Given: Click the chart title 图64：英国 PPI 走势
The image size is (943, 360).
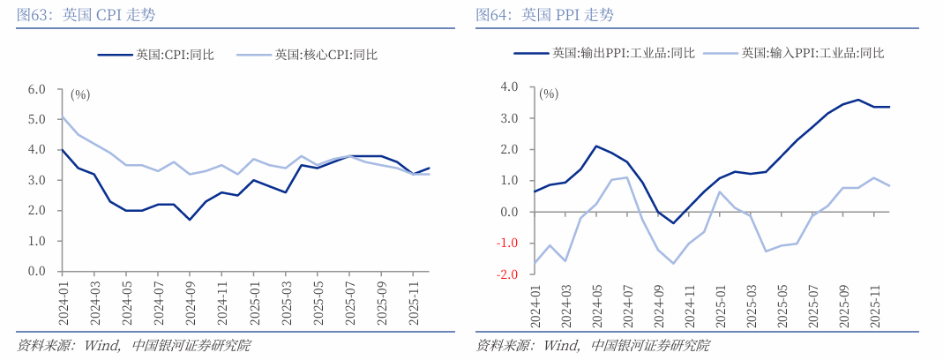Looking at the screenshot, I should pyautogui.click(x=544, y=15).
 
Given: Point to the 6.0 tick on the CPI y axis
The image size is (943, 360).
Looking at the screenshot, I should pyautogui.click(x=36, y=89).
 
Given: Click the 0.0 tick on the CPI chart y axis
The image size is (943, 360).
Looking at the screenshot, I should pyautogui.click(x=36, y=271).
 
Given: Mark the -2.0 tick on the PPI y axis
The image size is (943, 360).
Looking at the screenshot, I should pyautogui.click(x=507, y=274).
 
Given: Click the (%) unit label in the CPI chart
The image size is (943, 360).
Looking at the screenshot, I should pyautogui.click(x=80, y=94).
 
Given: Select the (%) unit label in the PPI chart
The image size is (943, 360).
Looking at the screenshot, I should pyautogui.click(x=549, y=93).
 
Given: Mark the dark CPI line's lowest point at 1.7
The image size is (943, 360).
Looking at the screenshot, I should pyautogui.click(x=190, y=220).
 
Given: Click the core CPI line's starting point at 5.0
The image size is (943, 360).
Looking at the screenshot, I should pyautogui.click(x=62, y=117).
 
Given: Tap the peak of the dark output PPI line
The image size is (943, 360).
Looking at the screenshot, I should pyautogui.click(x=857, y=100).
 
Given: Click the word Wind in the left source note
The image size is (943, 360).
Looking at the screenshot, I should pyautogui.click(x=101, y=345).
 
